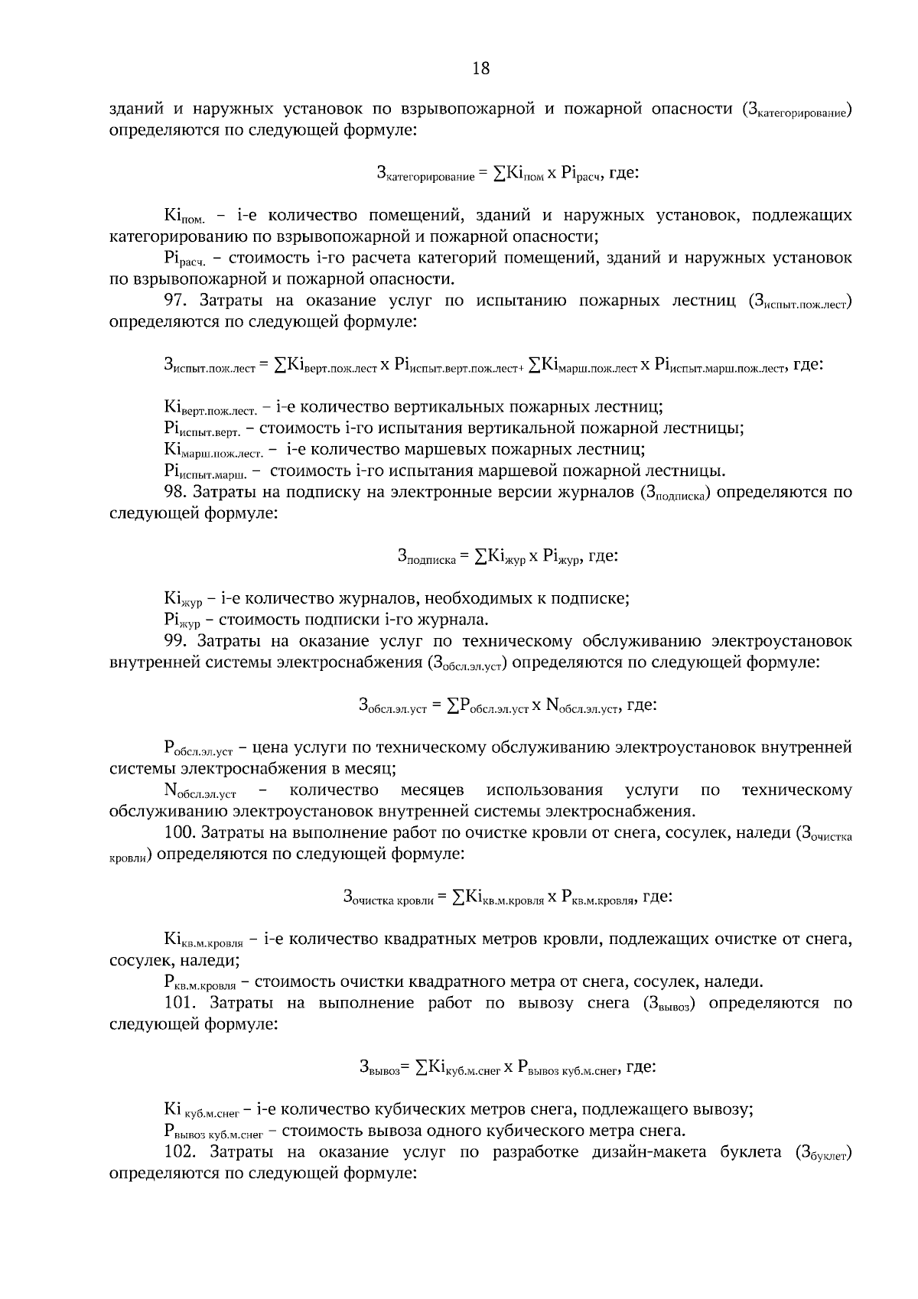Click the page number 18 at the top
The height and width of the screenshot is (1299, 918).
[x=480, y=68]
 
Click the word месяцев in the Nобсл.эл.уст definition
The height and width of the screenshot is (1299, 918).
[x=431, y=790]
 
